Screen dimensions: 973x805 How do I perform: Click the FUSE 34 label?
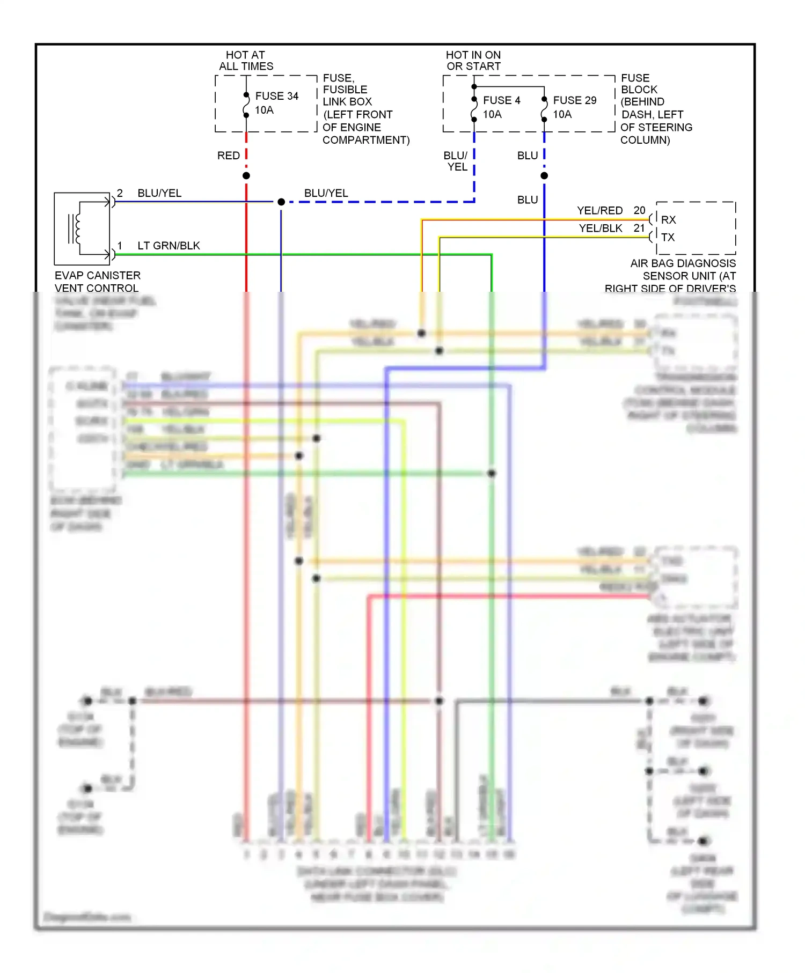click(x=276, y=96)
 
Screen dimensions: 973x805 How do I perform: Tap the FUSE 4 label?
click(x=501, y=100)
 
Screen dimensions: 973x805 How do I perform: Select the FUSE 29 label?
click(x=574, y=100)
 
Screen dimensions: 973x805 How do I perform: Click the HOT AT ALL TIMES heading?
click(x=246, y=61)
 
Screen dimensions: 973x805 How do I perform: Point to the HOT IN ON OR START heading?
click(x=473, y=61)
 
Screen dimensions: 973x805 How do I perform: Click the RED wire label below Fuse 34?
click(x=228, y=156)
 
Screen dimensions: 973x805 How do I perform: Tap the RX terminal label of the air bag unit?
click(x=668, y=220)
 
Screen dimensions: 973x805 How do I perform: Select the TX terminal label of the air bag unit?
click(x=668, y=237)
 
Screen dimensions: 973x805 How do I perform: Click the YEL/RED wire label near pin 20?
click(x=599, y=210)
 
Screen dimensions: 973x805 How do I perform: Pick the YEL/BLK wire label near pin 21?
click(x=600, y=228)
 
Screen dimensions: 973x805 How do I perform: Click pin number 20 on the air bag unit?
click(x=639, y=210)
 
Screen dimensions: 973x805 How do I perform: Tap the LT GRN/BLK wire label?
click(x=169, y=246)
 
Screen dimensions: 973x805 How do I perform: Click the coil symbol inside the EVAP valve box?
click(x=75, y=228)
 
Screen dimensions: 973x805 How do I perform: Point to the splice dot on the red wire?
click(x=246, y=175)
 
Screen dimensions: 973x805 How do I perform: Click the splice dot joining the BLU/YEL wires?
click(x=281, y=202)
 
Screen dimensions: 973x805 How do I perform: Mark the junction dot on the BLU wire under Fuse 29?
click(x=544, y=175)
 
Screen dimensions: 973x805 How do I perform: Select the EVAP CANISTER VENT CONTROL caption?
click(x=97, y=282)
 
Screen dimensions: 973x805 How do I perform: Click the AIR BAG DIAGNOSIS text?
click(x=683, y=263)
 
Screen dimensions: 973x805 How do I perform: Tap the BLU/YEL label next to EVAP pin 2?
click(x=159, y=193)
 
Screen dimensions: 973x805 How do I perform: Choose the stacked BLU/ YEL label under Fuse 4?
click(x=456, y=161)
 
